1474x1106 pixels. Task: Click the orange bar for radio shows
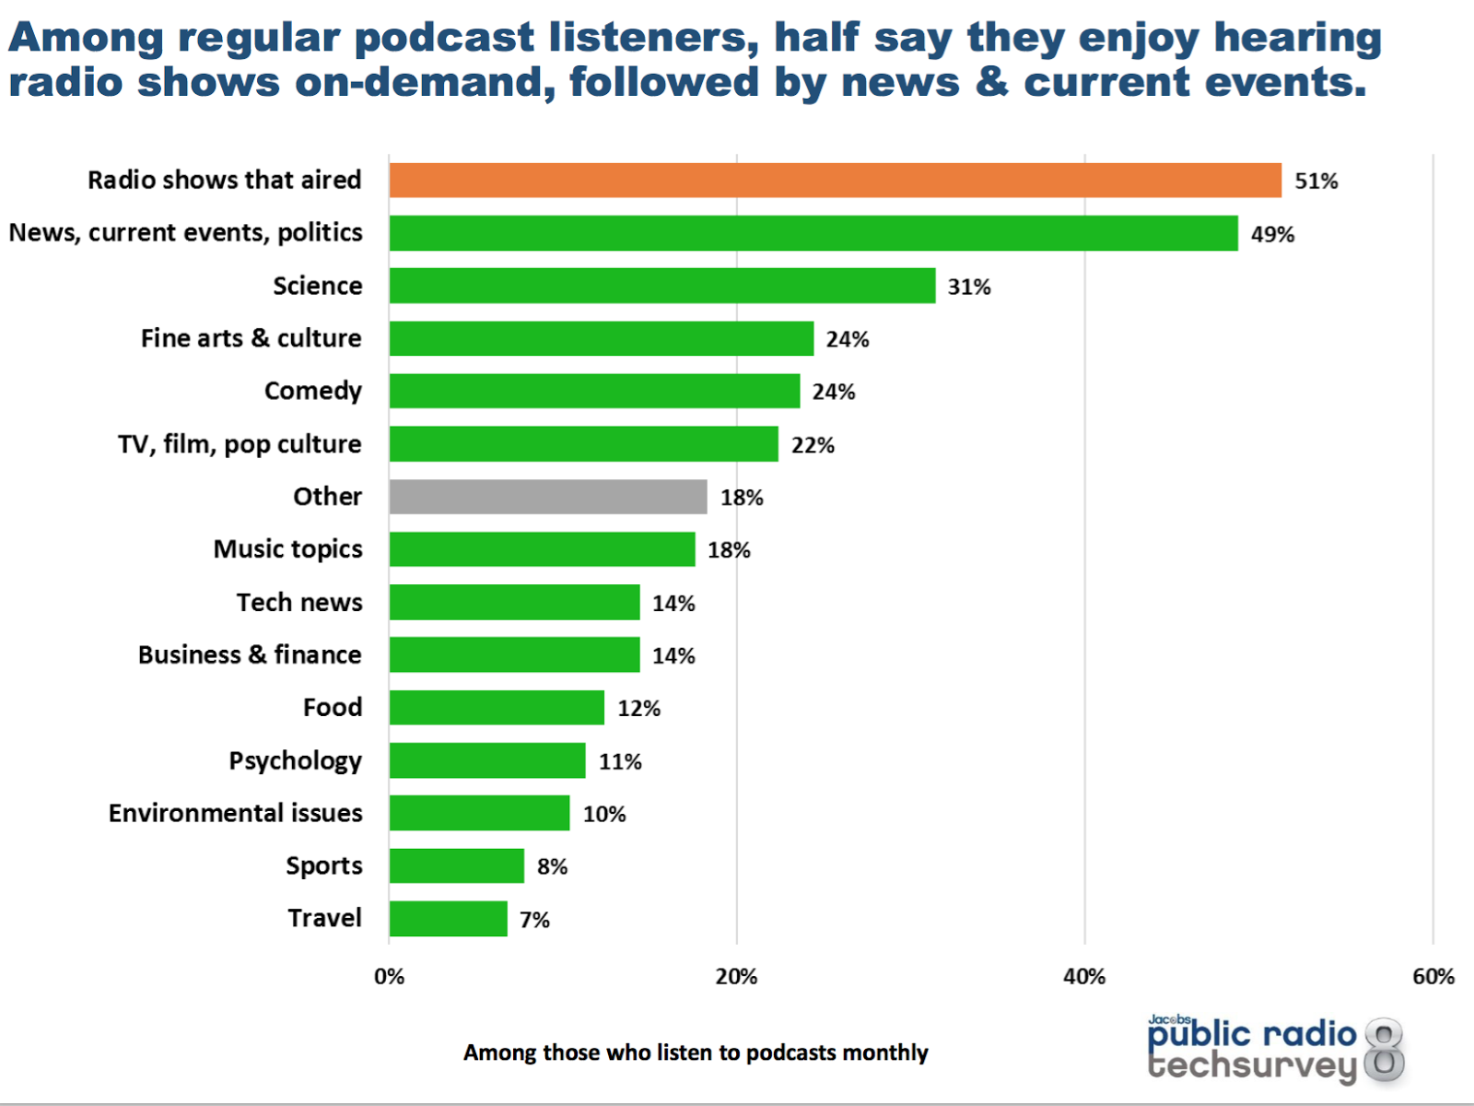tap(835, 181)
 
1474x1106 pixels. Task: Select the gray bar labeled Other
tap(548, 497)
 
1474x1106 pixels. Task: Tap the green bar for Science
tap(661, 286)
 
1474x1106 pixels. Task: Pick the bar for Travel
tap(448, 919)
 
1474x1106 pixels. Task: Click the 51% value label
tap(1316, 182)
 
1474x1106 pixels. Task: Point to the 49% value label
tap(1272, 234)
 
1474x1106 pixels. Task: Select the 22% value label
tap(813, 445)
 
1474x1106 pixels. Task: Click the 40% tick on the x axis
tap(1084, 977)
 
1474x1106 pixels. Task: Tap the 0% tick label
tap(389, 977)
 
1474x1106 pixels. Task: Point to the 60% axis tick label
tap(1433, 977)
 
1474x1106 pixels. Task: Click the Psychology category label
tap(295, 761)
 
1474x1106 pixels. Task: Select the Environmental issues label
tap(235, 813)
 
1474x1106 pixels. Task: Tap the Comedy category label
tap(312, 391)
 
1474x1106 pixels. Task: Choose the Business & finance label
tap(250, 654)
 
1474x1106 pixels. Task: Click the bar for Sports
tap(456, 866)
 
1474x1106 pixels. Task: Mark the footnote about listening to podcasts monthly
tap(696, 1053)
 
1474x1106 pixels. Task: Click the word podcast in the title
tap(444, 38)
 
